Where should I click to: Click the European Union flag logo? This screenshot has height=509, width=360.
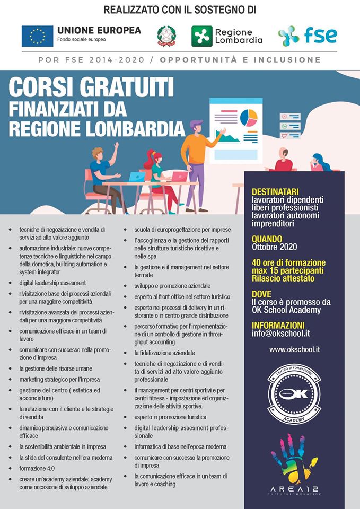point(37,36)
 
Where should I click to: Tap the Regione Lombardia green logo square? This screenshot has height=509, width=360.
point(201,36)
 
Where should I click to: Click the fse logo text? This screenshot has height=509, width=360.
point(320,35)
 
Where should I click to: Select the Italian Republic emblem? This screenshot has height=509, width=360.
point(166,36)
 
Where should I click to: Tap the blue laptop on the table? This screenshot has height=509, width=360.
point(137,177)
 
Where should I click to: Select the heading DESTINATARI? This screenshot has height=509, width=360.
point(275,191)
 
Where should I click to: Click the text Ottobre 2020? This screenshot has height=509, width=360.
point(275,247)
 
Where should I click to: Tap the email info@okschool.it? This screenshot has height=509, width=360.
point(282,334)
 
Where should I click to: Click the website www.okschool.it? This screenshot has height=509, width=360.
point(294,350)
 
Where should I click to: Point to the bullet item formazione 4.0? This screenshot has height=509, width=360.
point(37,468)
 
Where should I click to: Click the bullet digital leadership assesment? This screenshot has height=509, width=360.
point(52,283)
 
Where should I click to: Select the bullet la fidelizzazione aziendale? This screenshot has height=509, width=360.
point(164,353)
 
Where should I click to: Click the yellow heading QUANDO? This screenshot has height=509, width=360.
point(267,239)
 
